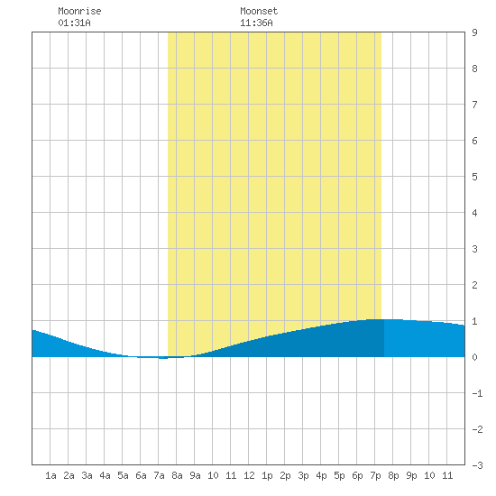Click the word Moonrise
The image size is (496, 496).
[79, 11]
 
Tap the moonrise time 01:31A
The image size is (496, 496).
[74, 23]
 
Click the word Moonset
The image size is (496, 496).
[259, 11]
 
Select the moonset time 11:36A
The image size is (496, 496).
[256, 23]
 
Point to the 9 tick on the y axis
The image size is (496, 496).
[474, 32]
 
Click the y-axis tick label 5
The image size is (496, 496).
[474, 177]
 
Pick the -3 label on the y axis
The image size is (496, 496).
[478, 465]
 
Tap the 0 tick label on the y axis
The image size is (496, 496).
[474, 357]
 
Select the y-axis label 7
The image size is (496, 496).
[474, 105]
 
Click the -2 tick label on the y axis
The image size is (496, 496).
[478, 429]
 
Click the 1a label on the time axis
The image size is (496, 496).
[51, 475]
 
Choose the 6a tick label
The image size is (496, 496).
[141, 475]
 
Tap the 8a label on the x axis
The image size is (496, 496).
[177, 475]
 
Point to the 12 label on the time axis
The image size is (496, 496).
[249, 475]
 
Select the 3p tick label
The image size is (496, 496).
[303, 475]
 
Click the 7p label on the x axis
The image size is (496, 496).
[375, 475]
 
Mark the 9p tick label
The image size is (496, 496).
[411, 475]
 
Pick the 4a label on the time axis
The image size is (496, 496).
[105, 475]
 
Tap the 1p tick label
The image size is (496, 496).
[267, 475]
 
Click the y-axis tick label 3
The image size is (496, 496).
[474, 249]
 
